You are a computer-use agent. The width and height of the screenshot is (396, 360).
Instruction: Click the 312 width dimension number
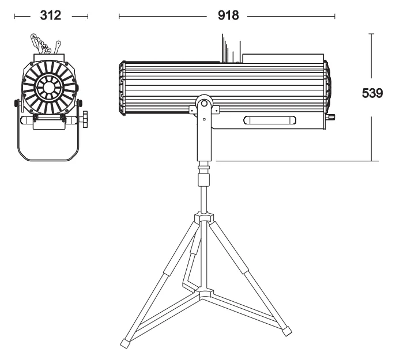click(51, 16)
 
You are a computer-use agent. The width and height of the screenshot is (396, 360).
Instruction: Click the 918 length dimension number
click(228, 16)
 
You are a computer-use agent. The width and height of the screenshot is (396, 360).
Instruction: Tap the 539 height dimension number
click(372, 93)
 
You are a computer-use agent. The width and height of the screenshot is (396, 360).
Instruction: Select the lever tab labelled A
click(33, 37)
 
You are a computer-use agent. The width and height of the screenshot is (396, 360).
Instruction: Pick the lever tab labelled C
click(48, 51)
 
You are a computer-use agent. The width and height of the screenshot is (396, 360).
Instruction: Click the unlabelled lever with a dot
click(58, 47)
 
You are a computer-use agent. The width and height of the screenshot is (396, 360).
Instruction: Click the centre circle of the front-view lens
click(48, 88)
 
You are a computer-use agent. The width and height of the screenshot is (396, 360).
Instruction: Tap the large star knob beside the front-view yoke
click(85, 119)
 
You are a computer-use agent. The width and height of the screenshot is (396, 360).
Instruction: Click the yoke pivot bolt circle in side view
click(204, 103)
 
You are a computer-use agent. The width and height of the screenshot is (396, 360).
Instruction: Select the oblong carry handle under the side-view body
click(270, 120)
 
